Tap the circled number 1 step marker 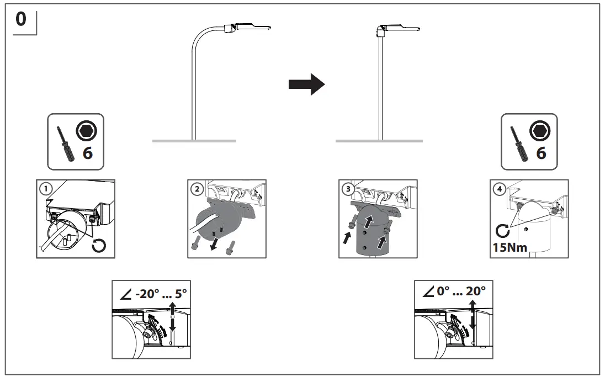pyautogui.click(x=45, y=187)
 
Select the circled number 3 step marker pyautogui.click(x=347, y=188)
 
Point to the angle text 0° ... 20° pyautogui.click(x=457, y=291)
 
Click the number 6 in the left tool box pyautogui.click(x=87, y=153)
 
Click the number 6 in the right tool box pyautogui.click(x=541, y=153)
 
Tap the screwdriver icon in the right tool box pyautogui.click(x=519, y=142)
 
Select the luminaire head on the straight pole pyautogui.click(x=399, y=28)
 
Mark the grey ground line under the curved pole pyautogui.click(x=194, y=141)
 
